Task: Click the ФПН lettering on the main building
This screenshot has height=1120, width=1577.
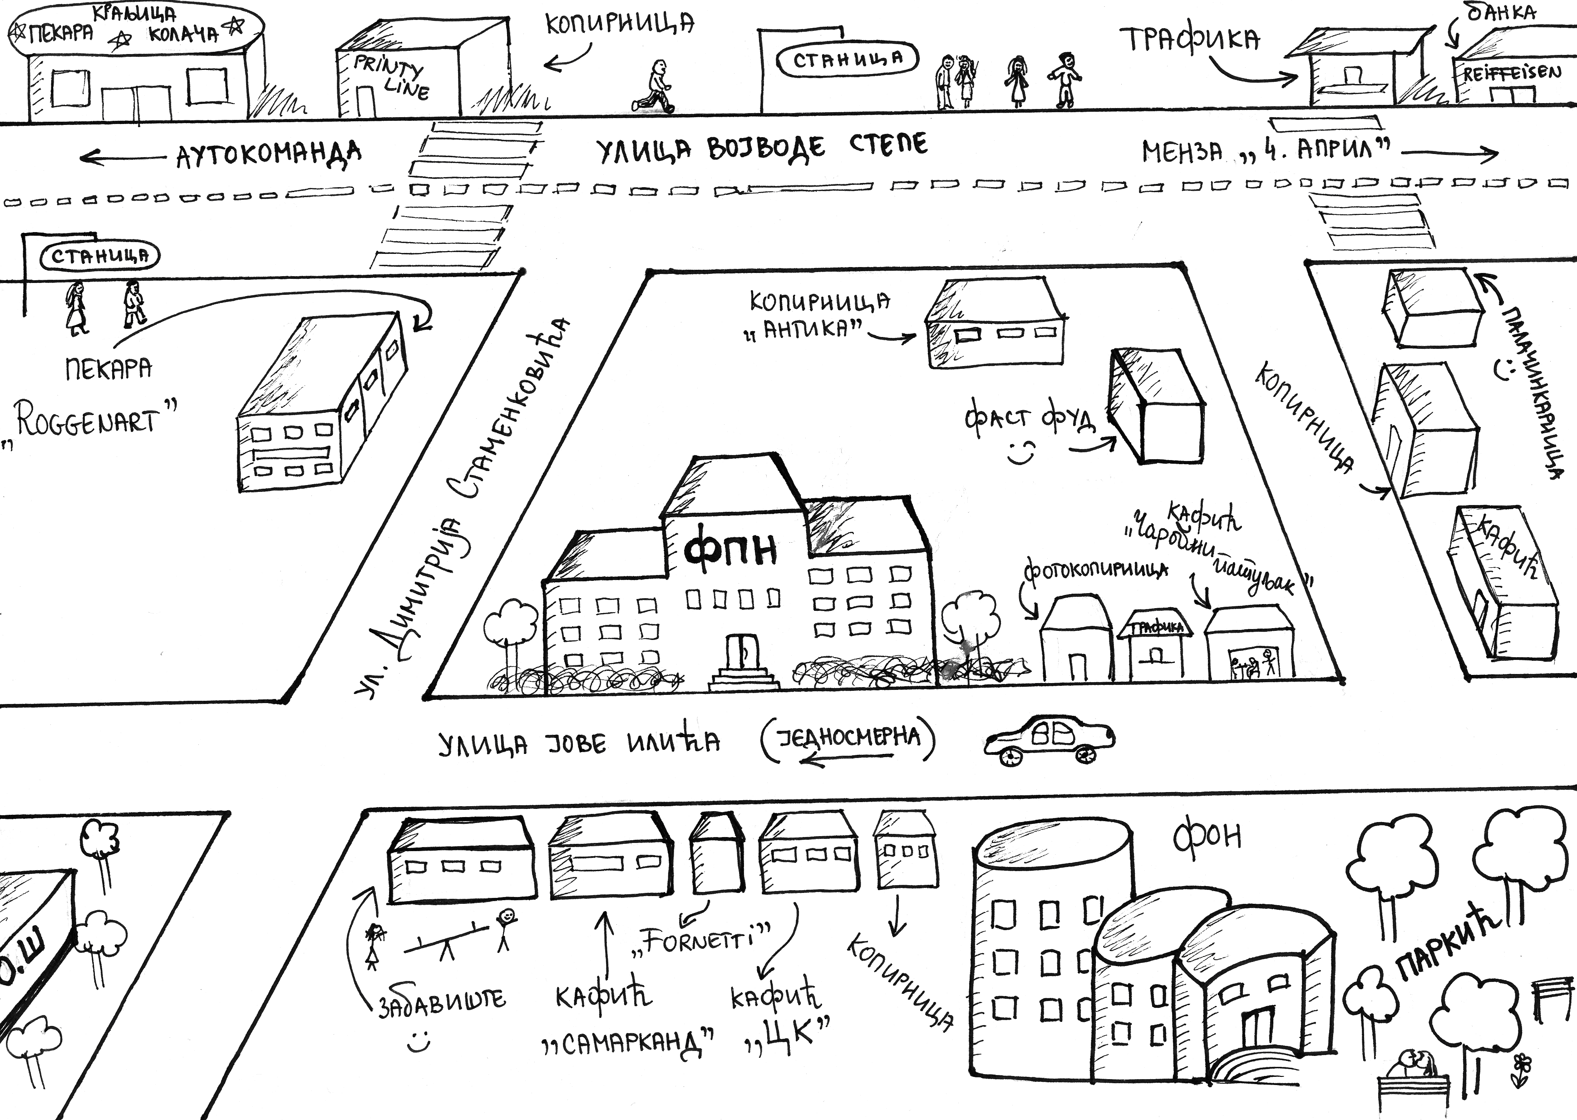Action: tap(730, 550)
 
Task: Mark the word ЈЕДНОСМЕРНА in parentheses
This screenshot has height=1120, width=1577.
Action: tap(848, 737)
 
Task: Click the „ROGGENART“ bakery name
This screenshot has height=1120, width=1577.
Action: tap(94, 421)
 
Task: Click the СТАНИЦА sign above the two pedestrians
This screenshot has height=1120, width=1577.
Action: tap(100, 256)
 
